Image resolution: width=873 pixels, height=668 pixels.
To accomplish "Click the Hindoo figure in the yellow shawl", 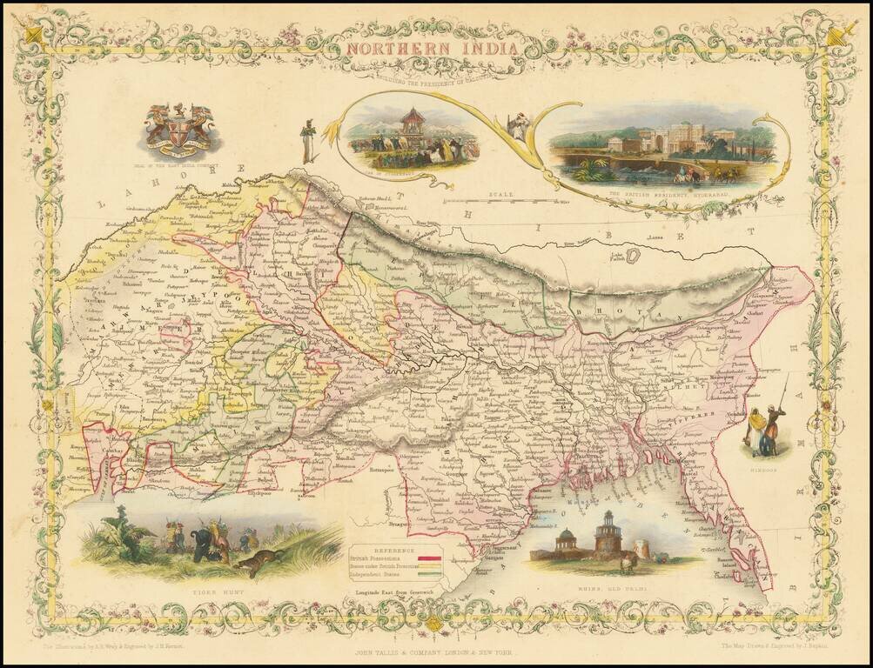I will (x=758, y=427).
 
